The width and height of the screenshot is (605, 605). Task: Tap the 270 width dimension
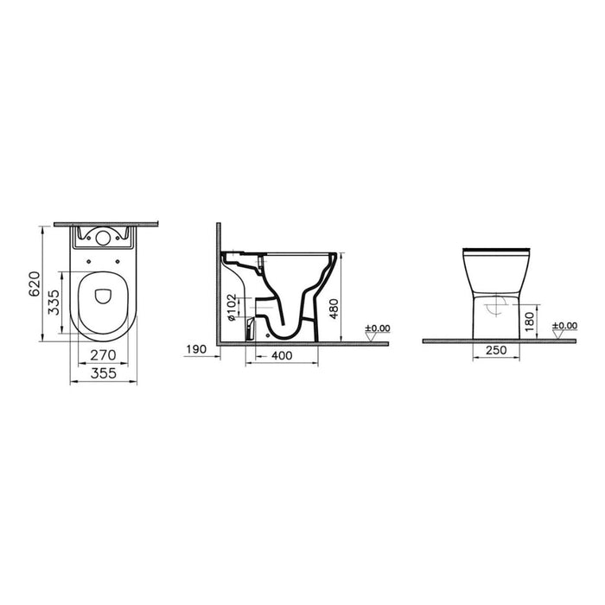click(103, 354)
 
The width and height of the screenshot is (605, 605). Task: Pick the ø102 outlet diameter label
click(232, 306)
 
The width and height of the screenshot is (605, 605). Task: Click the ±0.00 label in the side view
click(377, 328)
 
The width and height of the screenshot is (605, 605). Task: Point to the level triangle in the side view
click(372, 336)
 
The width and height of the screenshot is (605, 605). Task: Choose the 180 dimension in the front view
click(538, 322)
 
